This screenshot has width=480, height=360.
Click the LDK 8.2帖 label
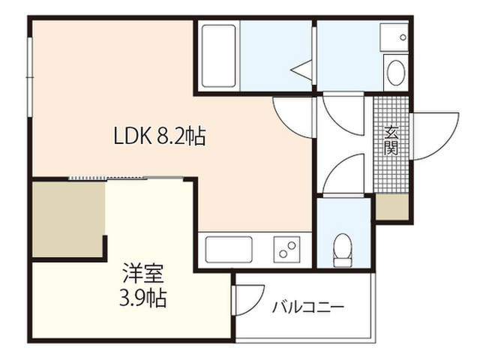[160, 136]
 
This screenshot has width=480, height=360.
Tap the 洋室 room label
[143, 274]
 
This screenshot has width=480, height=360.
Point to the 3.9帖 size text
[143, 298]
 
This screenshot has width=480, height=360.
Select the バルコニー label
[308, 307]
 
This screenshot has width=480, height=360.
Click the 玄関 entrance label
[391, 140]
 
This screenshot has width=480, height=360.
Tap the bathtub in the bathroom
[218, 55]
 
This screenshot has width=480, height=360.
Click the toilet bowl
[343, 250]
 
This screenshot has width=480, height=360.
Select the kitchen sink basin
[229, 250]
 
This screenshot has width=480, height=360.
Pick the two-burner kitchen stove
[286, 250]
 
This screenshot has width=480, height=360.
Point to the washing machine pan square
[394, 37]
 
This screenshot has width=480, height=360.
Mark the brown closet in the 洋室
[69, 219]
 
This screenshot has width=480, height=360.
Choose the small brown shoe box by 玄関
[391, 207]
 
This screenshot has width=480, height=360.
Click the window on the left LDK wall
[30, 76]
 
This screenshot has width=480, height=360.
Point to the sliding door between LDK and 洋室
[125, 178]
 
